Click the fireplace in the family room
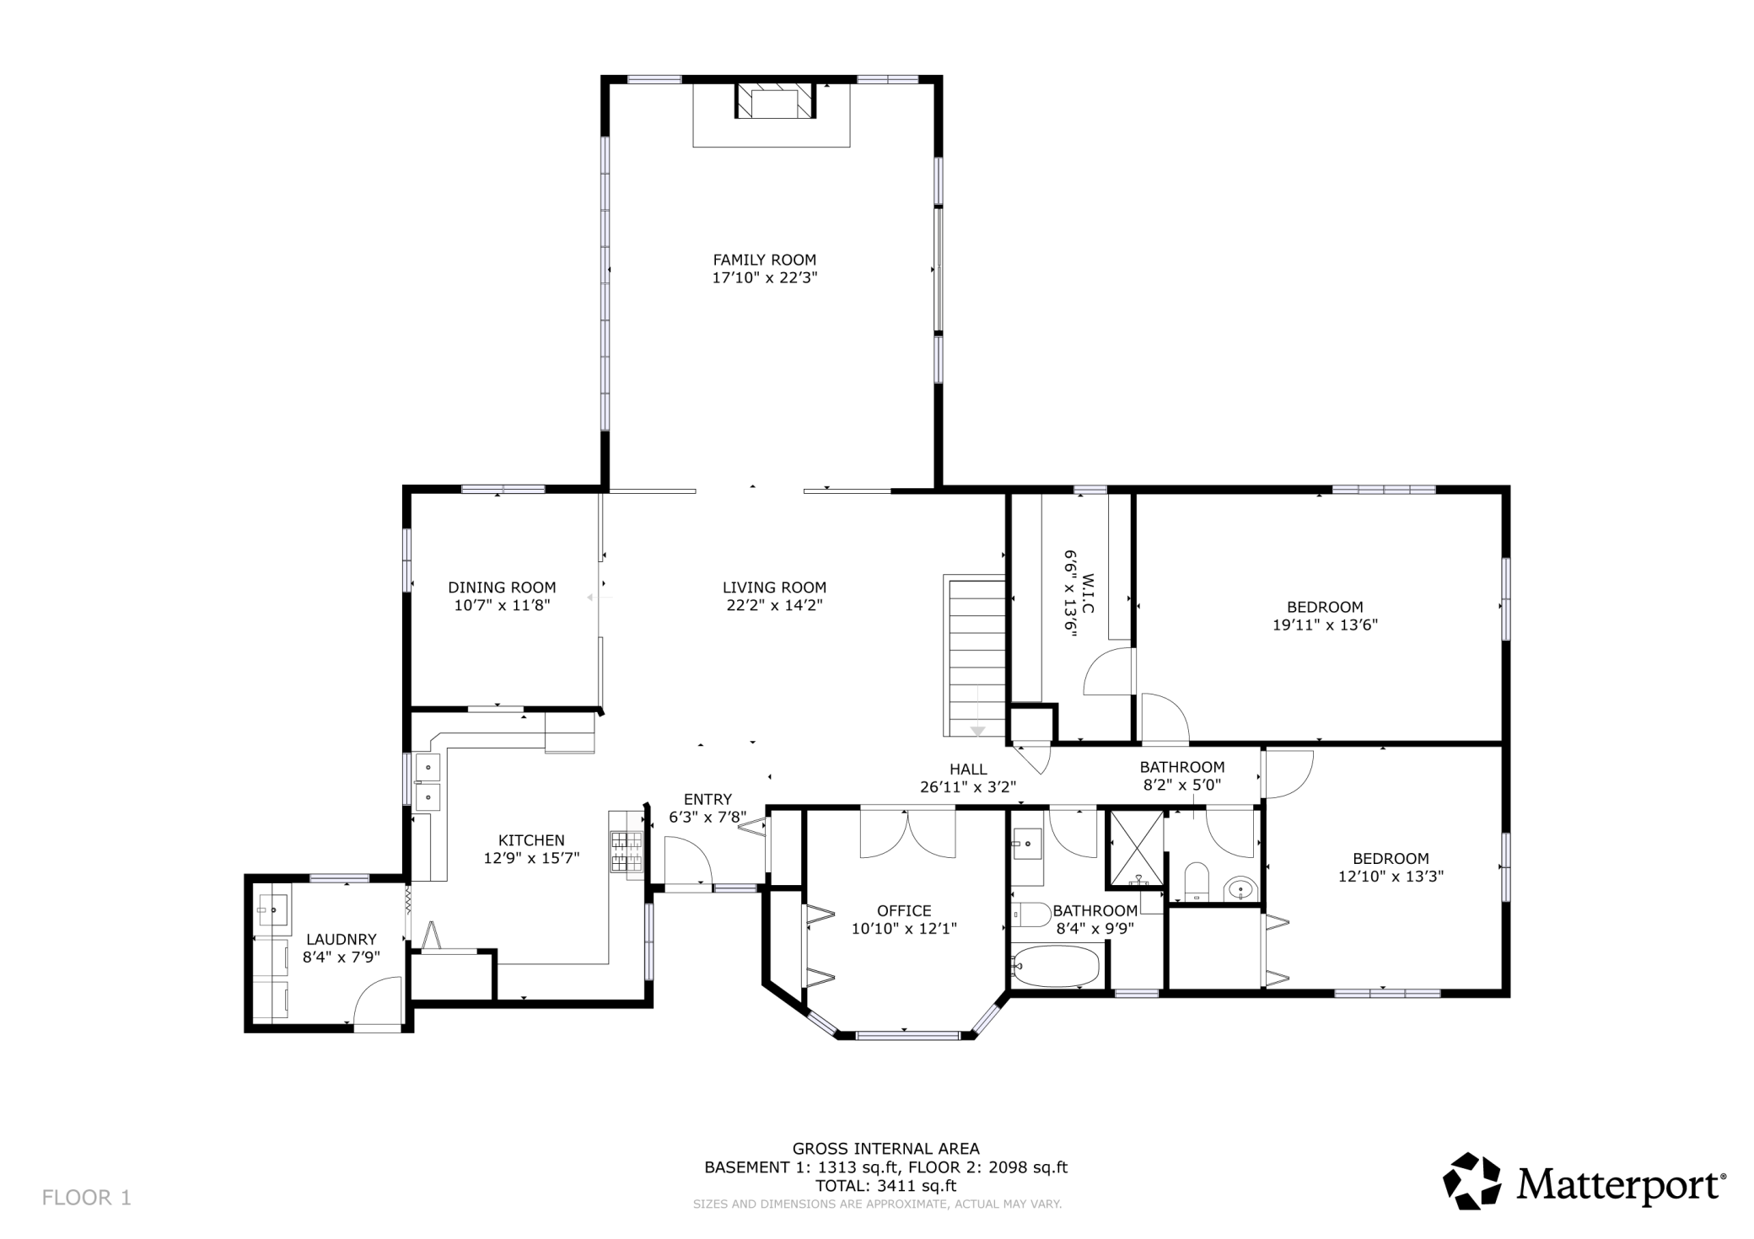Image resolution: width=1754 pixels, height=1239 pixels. click(x=776, y=101)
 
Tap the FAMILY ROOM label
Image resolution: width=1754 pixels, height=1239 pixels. click(x=765, y=260)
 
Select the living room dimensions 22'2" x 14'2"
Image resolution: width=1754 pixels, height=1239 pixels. click(x=774, y=605)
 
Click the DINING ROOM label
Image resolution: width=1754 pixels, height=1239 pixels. click(x=502, y=587)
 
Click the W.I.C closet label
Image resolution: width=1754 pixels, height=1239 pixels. click(x=1088, y=594)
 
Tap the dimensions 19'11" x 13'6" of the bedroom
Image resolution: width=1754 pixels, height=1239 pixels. click(x=1325, y=625)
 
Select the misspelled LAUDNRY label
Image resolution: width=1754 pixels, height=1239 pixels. click(x=341, y=939)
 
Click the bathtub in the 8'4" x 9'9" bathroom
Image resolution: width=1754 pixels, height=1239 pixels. click(x=1057, y=966)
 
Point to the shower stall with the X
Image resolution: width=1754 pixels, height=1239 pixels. click(x=1136, y=850)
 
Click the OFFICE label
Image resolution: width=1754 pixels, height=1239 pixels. click(x=904, y=910)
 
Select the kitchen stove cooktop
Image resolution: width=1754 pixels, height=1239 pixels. click(x=626, y=851)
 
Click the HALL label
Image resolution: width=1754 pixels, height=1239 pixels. click(x=968, y=769)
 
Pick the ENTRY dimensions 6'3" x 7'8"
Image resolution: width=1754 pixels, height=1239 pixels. click(x=708, y=817)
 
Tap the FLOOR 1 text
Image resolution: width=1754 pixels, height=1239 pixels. click(x=87, y=1198)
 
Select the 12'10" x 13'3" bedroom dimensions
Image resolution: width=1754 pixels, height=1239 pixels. click(x=1391, y=877)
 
